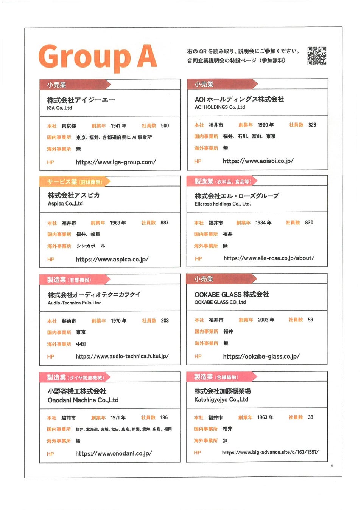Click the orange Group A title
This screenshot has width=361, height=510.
click(98, 57)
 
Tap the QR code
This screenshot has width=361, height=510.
click(316, 56)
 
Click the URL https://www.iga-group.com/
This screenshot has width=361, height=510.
click(115, 162)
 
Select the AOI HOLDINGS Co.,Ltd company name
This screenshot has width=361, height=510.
click(219, 107)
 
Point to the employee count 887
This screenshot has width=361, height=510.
click(164, 223)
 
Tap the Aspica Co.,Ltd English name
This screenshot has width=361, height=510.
click(65, 204)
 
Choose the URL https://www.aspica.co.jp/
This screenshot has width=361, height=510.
click(112, 259)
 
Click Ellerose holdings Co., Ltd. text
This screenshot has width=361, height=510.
click(223, 204)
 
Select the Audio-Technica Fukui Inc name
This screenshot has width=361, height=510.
click(74, 303)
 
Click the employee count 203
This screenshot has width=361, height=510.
click(165, 320)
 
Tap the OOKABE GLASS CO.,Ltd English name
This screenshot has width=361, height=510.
click(220, 302)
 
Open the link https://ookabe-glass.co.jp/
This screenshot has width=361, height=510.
click(261, 356)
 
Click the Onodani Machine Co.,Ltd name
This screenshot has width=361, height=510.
click(83, 400)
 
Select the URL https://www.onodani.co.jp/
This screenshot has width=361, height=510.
click(114, 453)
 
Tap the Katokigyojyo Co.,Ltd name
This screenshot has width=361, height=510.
click(221, 400)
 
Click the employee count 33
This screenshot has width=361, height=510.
click(310, 417)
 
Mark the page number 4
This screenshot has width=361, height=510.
click(331, 466)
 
